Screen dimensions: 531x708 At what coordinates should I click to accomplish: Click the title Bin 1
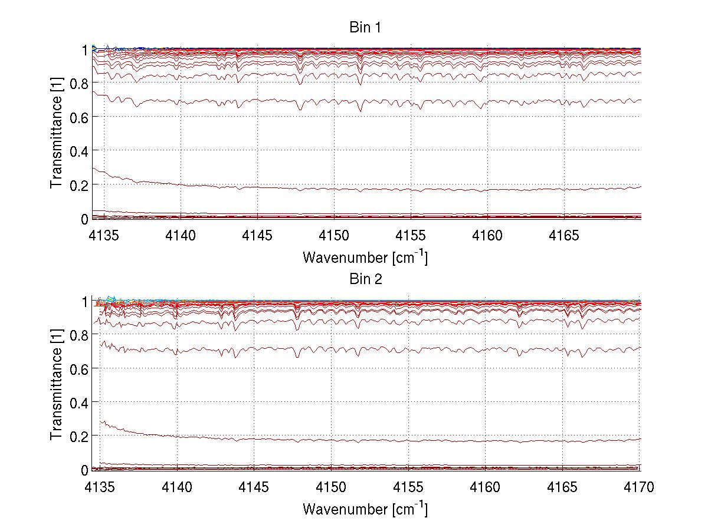pos(365,28)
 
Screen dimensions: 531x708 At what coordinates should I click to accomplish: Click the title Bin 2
pos(365,279)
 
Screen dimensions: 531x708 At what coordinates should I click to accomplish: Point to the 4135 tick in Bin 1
pos(104,236)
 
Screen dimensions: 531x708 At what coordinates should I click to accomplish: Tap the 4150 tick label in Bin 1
pos(334,236)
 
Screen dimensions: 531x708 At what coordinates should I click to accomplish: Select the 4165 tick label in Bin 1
pos(564,236)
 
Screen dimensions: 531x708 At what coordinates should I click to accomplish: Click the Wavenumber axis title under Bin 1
pos(365,258)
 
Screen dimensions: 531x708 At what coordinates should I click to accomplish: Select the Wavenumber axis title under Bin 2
pos(365,509)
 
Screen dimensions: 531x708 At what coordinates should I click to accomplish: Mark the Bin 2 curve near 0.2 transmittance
pos(354,440)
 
